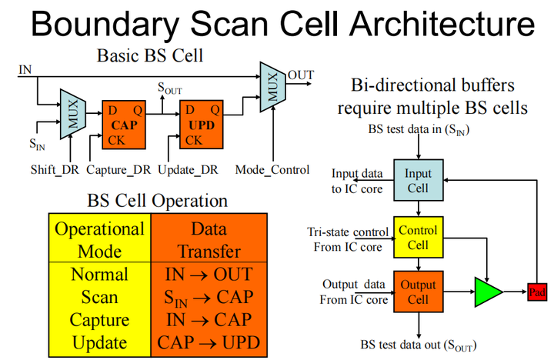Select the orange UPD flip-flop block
point(202,124)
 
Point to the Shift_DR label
point(53,169)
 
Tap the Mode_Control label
point(272,169)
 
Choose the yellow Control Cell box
point(418,237)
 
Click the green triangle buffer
point(486,292)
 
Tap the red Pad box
point(537,292)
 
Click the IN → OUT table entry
point(209,275)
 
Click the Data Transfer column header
point(209,239)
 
